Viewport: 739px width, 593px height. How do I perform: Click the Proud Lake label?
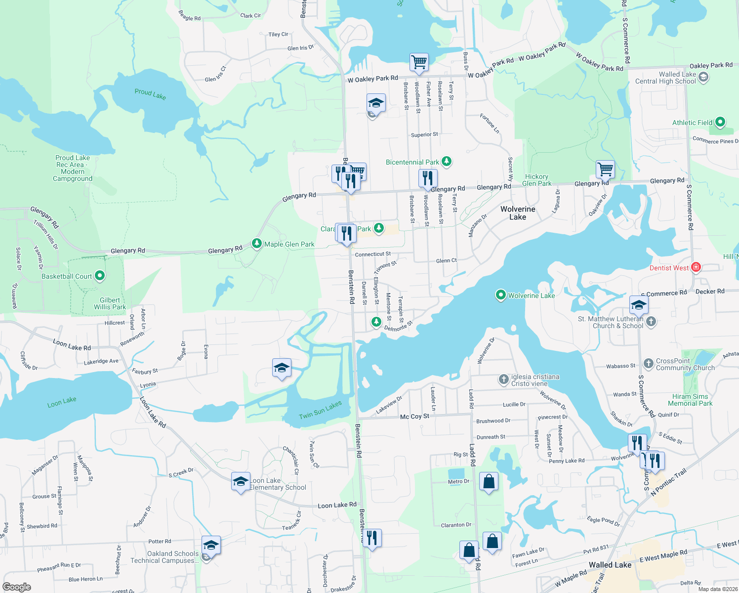pos(150,94)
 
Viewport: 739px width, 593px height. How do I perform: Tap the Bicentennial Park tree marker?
pos(447,161)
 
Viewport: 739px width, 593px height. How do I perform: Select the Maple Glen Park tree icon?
pos(256,243)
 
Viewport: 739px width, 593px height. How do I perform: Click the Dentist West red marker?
pos(696,267)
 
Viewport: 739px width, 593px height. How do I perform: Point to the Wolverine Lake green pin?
pos(500,295)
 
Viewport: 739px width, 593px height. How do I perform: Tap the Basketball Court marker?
pos(100,276)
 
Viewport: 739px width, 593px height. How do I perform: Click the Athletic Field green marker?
pos(720,122)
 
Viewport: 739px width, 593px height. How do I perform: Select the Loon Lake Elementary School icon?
pos(241,481)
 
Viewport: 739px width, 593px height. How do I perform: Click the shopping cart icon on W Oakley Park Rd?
pos(419,62)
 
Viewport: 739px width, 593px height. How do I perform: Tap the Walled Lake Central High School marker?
pos(703,77)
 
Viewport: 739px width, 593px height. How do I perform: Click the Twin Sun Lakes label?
pos(320,410)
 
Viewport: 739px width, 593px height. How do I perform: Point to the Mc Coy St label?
pos(414,417)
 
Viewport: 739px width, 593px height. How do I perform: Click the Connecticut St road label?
pos(372,254)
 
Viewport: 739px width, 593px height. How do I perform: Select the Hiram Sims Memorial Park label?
pos(690,400)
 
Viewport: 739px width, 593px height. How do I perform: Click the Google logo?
pos(17,587)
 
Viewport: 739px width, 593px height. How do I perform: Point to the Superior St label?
pos(424,134)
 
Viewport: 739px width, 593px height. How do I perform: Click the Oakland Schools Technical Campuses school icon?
pos(211,546)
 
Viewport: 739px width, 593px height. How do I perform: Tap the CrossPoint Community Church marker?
pos(649,364)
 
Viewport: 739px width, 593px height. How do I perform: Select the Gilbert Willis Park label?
pos(110,303)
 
